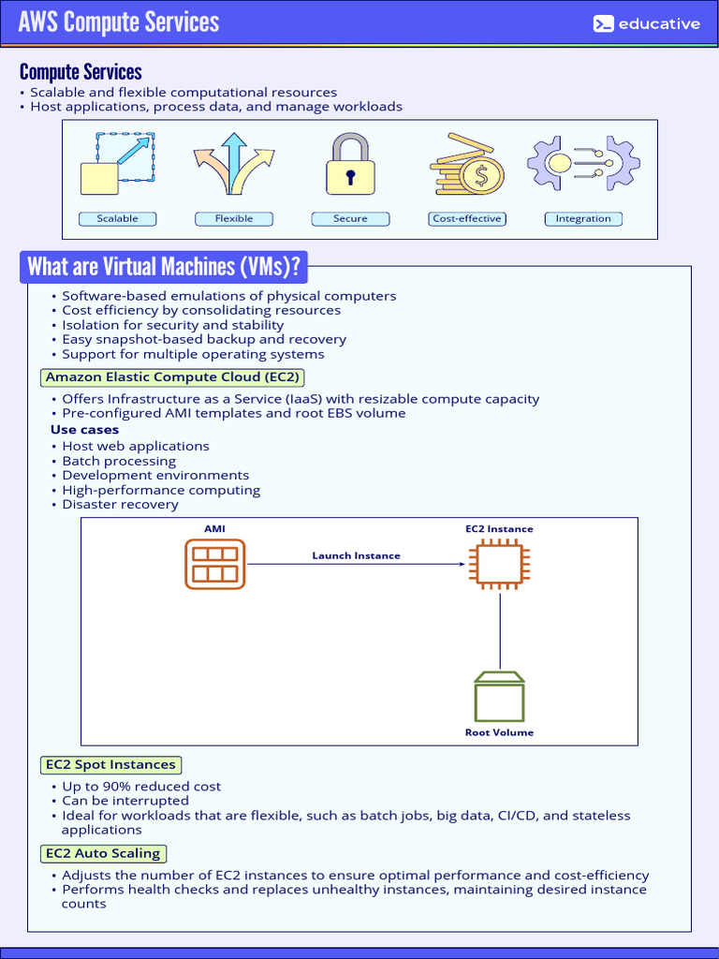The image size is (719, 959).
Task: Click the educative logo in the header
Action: (x=647, y=23)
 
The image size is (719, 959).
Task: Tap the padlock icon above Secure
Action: (x=350, y=165)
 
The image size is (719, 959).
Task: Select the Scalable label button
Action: (x=117, y=219)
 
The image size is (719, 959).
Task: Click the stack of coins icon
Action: (x=466, y=165)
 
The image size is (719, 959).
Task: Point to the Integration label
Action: (x=583, y=219)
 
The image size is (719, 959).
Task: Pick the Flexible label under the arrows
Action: (x=234, y=219)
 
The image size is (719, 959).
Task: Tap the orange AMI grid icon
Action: (x=214, y=564)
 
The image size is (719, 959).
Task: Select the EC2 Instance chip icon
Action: (x=499, y=564)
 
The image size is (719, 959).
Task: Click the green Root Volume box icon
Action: (x=499, y=697)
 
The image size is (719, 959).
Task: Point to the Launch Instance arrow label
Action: (x=356, y=555)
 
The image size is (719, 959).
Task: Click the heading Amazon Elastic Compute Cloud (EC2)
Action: (x=173, y=377)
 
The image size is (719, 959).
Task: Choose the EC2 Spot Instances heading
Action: (x=110, y=765)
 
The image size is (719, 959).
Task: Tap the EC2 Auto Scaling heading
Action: (x=103, y=853)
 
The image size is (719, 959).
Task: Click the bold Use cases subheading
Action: (x=84, y=430)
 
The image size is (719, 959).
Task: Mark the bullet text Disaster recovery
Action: (x=120, y=505)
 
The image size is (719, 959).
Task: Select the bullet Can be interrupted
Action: (x=125, y=801)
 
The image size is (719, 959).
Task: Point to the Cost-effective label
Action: (x=467, y=219)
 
